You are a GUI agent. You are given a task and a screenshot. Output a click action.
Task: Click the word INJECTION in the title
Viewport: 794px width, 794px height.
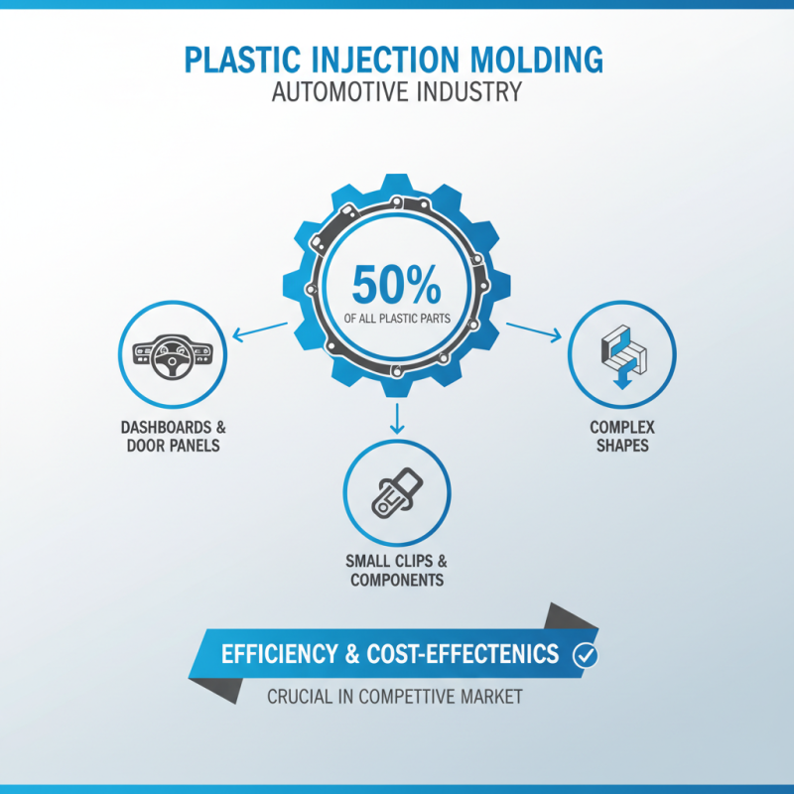(392, 60)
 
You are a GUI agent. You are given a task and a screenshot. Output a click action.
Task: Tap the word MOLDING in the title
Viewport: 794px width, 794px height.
(536, 60)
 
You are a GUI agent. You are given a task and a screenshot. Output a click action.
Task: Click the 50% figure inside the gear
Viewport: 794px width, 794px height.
(396, 286)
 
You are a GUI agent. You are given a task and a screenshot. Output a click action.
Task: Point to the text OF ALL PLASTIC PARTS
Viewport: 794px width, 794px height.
(396, 320)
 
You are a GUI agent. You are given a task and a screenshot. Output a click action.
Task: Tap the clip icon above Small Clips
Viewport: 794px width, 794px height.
(396, 491)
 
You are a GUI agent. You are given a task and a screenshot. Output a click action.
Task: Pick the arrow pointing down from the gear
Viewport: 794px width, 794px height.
(397, 417)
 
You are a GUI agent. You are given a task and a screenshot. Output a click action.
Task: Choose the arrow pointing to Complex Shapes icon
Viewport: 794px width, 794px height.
(534, 330)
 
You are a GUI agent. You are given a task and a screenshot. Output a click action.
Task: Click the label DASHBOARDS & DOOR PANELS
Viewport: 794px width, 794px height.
(173, 437)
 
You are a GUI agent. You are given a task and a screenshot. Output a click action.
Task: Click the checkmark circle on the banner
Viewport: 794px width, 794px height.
(586, 655)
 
